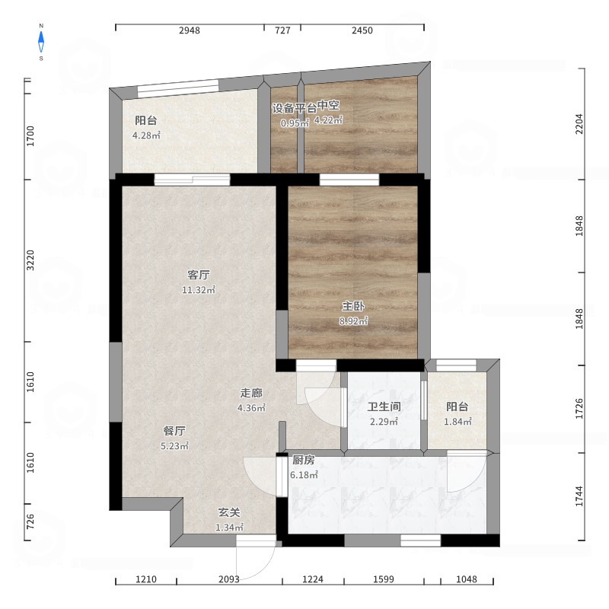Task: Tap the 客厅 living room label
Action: [199, 275]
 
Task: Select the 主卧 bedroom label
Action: [353, 307]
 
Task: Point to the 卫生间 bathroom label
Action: [384, 407]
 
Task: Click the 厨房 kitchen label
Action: [303, 460]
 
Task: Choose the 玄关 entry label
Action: [229, 512]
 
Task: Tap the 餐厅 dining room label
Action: [174, 431]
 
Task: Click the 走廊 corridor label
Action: [251, 393]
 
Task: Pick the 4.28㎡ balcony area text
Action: [146, 136]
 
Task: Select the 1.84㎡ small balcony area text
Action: [458, 422]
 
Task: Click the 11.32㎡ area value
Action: [199, 290]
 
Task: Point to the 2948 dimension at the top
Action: [190, 30]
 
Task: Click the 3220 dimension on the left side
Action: [30, 260]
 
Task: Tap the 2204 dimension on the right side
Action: [579, 124]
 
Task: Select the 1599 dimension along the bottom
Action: [384, 579]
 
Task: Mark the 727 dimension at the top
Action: [282, 30]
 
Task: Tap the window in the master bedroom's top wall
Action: [349, 180]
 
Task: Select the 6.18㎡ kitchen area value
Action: [304, 474]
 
